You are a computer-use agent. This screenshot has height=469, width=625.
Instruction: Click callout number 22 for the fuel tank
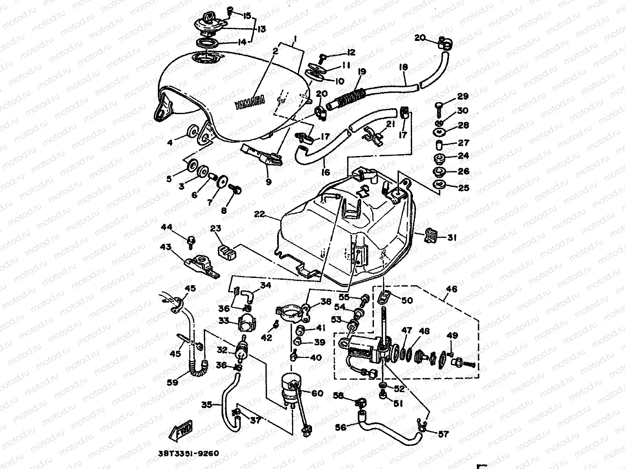(260, 213)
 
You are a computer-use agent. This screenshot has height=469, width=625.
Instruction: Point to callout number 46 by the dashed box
(452, 289)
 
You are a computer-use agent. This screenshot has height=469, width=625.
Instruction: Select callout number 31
(452, 237)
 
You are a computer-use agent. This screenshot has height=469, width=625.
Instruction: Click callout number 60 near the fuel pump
(317, 393)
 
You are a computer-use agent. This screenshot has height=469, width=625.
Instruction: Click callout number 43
(165, 247)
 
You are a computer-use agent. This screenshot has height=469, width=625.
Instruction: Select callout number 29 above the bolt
(463, 96)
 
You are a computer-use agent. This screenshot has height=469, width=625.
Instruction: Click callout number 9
(268, 182)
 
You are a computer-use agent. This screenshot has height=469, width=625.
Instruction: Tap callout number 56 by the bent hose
(341, 427)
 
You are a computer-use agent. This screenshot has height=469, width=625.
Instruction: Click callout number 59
(172, 383)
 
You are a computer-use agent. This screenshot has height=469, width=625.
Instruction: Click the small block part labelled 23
(226, 252)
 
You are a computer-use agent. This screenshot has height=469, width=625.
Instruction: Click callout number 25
(463, 187)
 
